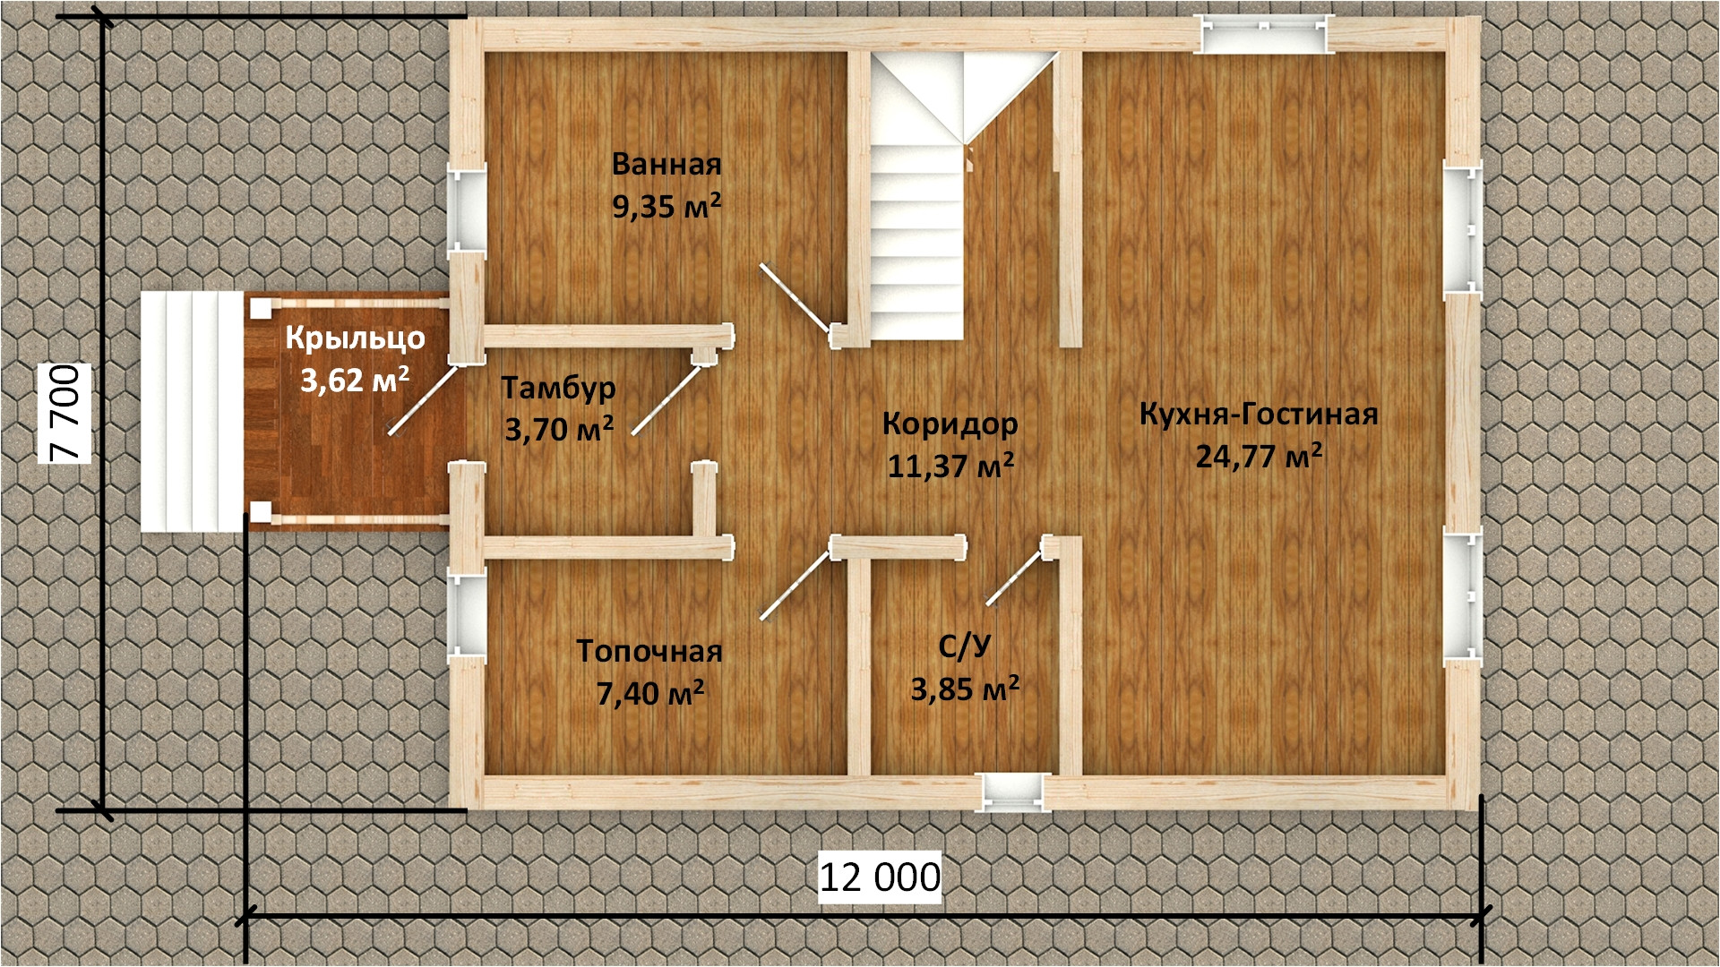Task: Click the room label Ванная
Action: (x=666, y=165)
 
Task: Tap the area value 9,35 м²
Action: (x=666, y=207)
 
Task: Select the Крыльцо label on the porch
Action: (x=355, y=338)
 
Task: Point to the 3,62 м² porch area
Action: (x=355, y=380)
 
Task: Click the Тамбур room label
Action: (x=558, y=388)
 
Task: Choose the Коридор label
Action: (x=950, y=423)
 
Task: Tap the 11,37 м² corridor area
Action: (x=950, y=465)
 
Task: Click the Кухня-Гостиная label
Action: (x=1259, y=415)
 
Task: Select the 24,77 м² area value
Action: (x=1259, y=457)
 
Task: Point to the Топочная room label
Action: (x=649, y=651)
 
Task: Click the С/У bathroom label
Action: (x=965, y=646)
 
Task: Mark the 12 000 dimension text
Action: (x=881, y=877)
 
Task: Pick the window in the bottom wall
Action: (x=1013, y=791)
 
